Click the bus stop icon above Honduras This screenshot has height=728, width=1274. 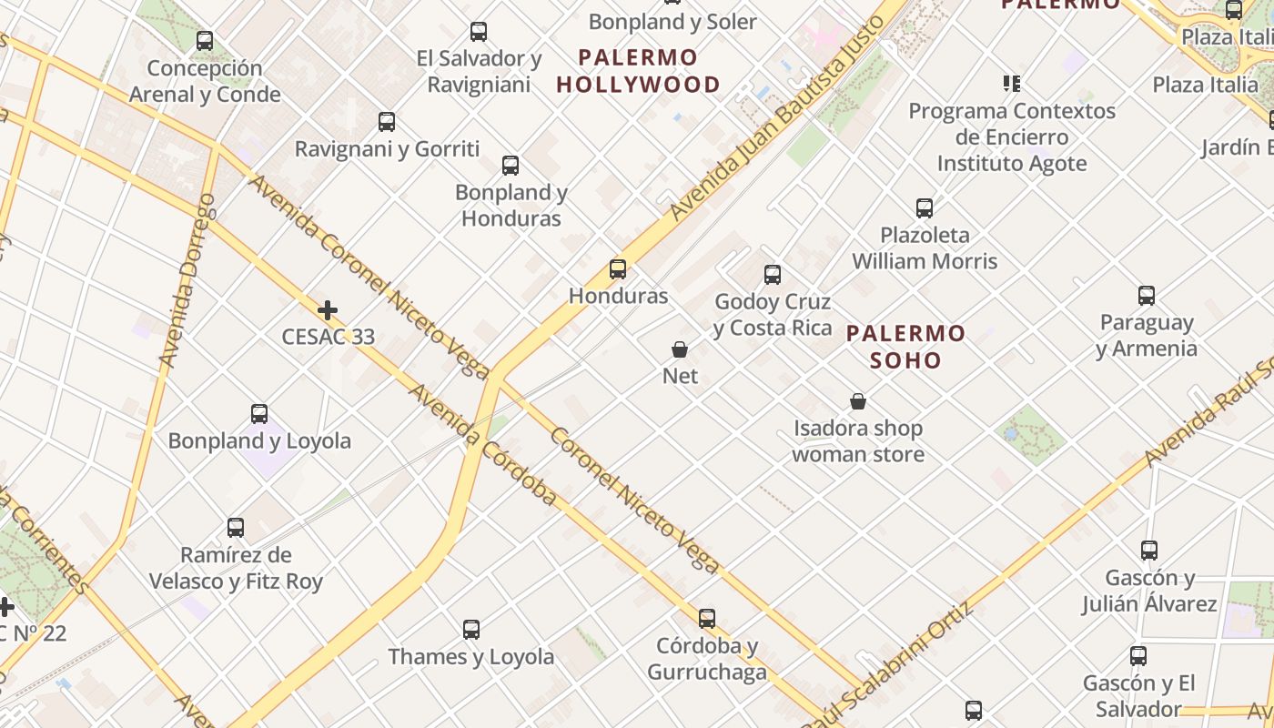[x=618, y=268]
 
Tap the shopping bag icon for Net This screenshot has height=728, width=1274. [x=679, y=349]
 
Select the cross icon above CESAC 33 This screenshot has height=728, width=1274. [x=328, y=310]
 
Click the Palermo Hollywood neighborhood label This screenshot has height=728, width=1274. [x=638, y=71]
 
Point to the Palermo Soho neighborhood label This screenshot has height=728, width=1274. [x=905, y=347]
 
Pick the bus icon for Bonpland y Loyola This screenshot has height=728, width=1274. [x=259, y=414]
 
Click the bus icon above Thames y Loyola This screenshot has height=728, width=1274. [x=471, y=629]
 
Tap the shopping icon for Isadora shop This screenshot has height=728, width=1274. [x=857, y=401]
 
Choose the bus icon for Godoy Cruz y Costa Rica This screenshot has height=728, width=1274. [x=773, y=274]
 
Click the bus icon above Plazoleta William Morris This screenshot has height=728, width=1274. [x=925, y=207]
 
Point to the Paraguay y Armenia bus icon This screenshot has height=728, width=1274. [x=1147, y=296]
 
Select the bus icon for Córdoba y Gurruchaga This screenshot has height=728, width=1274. [x=707, y=619]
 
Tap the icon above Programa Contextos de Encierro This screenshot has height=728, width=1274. [x=1011, y=84]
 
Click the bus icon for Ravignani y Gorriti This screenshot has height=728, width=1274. [x=387, y=121]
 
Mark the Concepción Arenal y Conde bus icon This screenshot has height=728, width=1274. [x=205, y=41]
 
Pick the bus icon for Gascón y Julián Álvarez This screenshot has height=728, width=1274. [x=1149, y=551]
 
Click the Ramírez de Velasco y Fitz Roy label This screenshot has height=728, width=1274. [x=236, y=568]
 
